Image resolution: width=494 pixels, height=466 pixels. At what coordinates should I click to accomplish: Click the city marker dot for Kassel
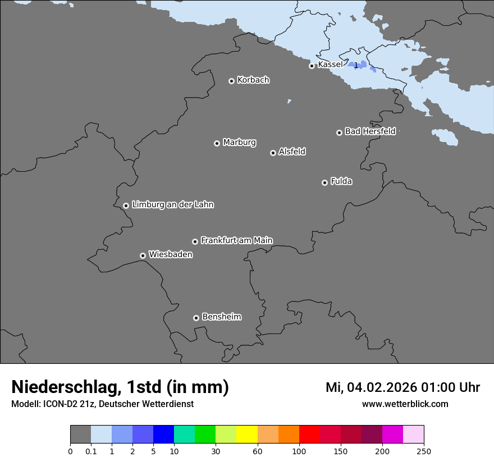(x=312, y=66)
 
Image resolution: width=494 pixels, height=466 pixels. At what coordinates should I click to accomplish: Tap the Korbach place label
(x=253, y=80)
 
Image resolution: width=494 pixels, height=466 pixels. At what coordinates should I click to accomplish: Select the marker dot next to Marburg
(x=217, y=143)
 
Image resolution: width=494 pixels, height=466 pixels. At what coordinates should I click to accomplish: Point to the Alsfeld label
(x=292, y=152)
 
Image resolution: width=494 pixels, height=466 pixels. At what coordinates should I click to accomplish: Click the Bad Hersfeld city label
(x=370, y=131)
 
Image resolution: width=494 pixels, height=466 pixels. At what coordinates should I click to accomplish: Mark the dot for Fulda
(x=324, y=182)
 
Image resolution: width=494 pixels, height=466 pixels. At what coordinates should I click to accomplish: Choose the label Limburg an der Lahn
(x=172, y=204)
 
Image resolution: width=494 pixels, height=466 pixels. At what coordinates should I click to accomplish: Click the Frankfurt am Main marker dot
(x=195, y=241)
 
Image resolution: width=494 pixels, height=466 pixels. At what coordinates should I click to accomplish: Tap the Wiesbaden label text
(x=170, y=254)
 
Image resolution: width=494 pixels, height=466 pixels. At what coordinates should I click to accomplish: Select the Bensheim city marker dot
(x=196, y=318)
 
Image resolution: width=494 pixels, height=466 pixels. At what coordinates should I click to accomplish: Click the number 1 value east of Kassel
(x=355, y=66)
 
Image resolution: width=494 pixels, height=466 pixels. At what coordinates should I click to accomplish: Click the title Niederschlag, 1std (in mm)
(x=120, y=387)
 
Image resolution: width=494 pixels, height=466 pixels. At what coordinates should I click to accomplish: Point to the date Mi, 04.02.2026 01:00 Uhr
(x=402, y=387)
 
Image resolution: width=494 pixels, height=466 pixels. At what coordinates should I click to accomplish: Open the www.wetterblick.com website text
(x=405, y=404)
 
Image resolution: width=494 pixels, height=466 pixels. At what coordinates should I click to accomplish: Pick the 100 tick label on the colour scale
(x=299, y=451)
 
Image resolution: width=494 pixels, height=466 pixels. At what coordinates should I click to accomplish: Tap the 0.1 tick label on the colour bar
(x=91, y=451)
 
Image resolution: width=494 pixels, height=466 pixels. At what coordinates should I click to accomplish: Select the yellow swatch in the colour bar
(x=246, y=435)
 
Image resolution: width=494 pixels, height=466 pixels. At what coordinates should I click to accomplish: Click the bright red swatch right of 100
(x=309, y=435)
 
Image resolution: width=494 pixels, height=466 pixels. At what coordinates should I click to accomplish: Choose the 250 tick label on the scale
(x=423, y=451)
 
